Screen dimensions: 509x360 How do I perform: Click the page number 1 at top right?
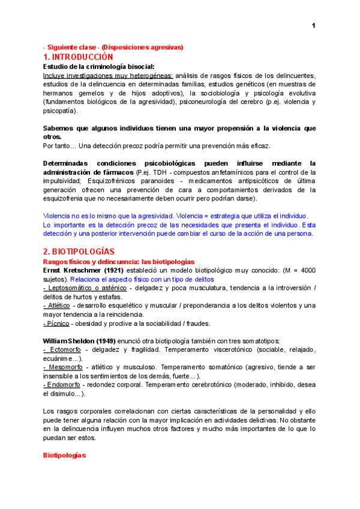pyautogui.click(x=313, y=25)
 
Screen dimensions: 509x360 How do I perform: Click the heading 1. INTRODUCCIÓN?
pyautogui.click(x=78, y=56)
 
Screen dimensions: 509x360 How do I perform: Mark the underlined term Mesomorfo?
pyautogui.click(x=64, y=367)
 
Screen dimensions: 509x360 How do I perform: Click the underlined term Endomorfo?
pyautogui.click(x=64, y=385)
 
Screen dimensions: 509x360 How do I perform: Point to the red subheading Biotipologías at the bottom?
pyautogui.click(x=65, y=456)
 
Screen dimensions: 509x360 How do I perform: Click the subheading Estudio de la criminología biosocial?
pyautogui.click(x=99, y=66)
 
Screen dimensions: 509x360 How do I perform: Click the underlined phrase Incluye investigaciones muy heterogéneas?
pyautogui.click(x=109, y=75)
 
